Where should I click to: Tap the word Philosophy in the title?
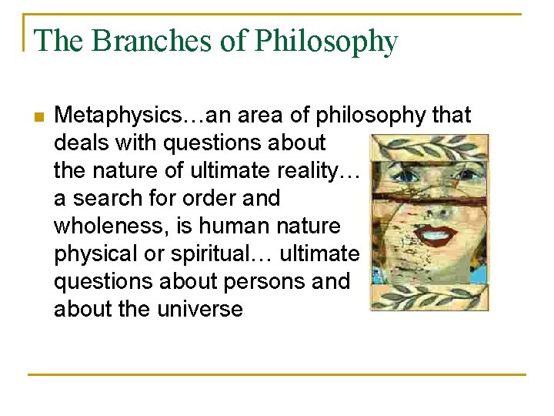point(327,42)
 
